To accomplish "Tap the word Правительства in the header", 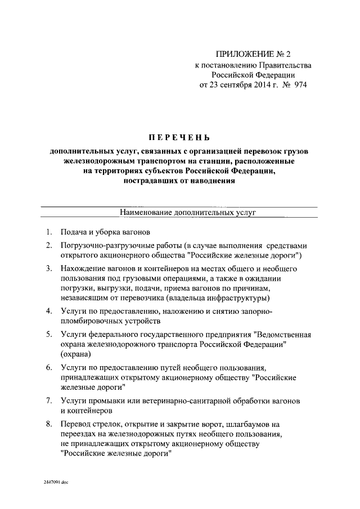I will (x=282, y=65).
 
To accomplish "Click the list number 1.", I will (x=49, y=232).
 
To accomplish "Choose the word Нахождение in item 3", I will (x=83, y=269).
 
